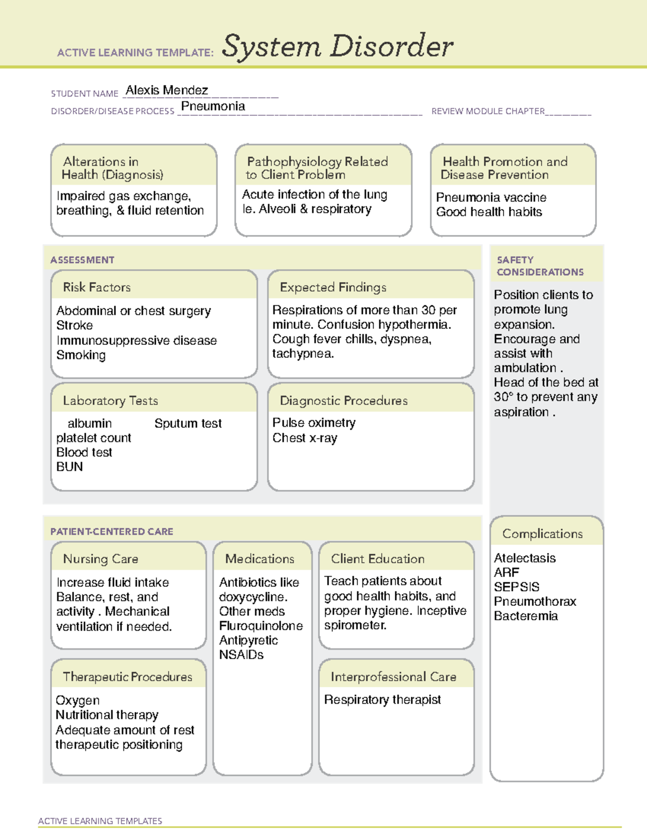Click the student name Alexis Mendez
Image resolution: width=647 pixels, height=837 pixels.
click(x=167, y=90)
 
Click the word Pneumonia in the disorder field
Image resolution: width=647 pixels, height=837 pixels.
click(x=213, y=106)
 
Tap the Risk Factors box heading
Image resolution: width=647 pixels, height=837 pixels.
click(x=97, y=287)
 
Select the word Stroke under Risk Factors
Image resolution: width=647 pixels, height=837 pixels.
click(x=74, y=326)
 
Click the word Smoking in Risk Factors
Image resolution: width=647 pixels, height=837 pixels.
click(x=81, y=355)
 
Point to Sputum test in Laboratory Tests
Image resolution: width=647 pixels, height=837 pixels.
click(x=188, y=424)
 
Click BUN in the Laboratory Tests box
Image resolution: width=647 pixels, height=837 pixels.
click(x=70, y=467)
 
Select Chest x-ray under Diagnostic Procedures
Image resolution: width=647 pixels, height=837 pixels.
click(x=305, y=438)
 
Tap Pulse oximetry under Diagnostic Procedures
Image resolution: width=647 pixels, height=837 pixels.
click(x=314, y=423)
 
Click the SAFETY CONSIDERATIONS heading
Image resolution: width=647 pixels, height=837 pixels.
click(x=540, y=266)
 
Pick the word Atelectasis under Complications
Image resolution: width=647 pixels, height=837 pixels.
click(x=525, y=558)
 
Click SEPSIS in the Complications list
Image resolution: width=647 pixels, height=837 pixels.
click(x=517, y=587)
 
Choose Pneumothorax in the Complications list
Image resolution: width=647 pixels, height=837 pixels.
click(x=535, y=601)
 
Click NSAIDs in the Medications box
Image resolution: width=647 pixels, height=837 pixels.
click(x=241, y=655)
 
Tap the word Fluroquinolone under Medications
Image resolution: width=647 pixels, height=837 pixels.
click(x=261, y=626)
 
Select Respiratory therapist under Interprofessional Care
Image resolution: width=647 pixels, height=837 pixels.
click(x=382, y=700)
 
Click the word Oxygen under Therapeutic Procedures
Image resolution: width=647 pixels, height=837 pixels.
click(x=78, y=701)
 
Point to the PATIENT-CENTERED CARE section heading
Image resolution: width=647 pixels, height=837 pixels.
click(x=112, y=531)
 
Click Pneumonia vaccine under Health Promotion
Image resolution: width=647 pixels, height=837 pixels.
click(x=491, y=197)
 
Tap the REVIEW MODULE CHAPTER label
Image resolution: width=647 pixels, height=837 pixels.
click(x=488, y=111)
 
